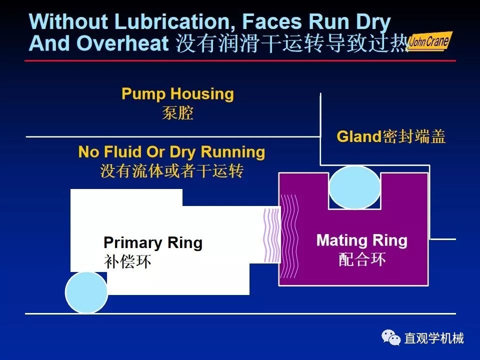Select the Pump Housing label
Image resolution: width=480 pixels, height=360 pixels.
click(177, 94)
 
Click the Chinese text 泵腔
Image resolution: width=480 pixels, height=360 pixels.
click(177, 113)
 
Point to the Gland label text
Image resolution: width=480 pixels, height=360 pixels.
click(359, 136)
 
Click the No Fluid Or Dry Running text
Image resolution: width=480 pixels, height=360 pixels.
click(171, 152)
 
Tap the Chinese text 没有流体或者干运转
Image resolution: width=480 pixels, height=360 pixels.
click(171, 171)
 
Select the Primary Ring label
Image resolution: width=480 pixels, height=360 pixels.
click(153, 243)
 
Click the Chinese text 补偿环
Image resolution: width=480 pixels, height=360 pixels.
click(127, 261)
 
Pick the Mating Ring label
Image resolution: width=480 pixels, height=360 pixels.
click(361, 241)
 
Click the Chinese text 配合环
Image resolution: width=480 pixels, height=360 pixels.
click(362, 259)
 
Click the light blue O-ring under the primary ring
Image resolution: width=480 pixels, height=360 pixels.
click(86, 292)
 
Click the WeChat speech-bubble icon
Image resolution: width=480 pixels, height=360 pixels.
click(391, 338)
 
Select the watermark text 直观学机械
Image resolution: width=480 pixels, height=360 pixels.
click(434, 338)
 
